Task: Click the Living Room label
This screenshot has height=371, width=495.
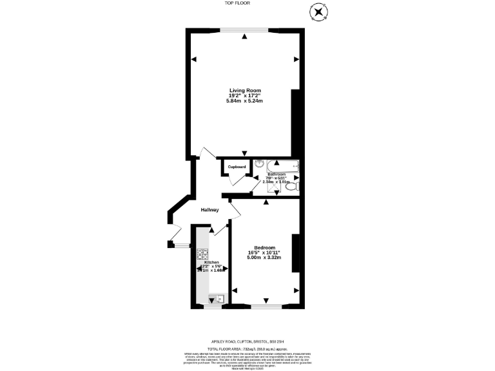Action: point(244,90)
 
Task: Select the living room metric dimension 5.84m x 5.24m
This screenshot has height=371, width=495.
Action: point(244,101)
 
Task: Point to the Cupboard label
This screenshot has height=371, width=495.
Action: point(237,167)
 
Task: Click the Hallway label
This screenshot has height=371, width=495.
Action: point(209,210)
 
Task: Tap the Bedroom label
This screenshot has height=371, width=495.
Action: point(264,248)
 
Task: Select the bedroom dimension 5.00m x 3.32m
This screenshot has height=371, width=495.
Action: point(264,258)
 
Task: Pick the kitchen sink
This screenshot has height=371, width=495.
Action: point(215,298)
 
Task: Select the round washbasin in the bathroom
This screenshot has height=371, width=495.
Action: point(259,164)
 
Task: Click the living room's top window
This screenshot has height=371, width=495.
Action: point(245,29)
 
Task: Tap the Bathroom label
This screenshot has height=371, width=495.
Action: point(277,174)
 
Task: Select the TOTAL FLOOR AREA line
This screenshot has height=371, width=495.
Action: point(247,347)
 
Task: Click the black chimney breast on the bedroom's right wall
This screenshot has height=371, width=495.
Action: point(295,253)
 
